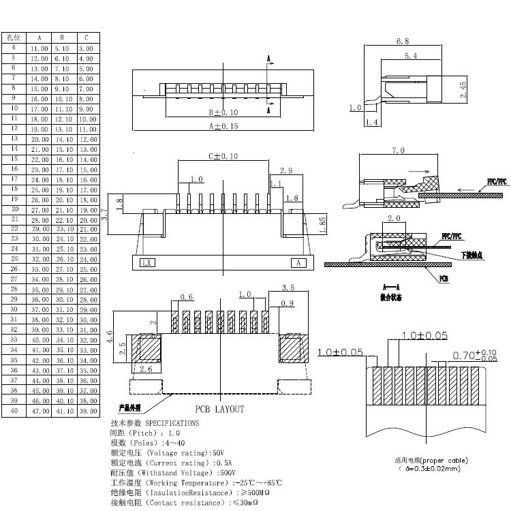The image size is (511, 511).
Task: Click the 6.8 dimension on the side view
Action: (402, 42)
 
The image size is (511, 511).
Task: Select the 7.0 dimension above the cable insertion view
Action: (399, 151)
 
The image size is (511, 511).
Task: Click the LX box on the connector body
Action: (146, 262)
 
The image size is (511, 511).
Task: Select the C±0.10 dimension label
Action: (223, 156)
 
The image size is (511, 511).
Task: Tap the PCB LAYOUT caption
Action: (219, 409)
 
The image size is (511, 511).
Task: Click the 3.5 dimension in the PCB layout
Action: (287, 288)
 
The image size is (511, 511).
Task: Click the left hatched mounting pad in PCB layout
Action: (149, 348)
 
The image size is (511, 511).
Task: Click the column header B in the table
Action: (62, 37)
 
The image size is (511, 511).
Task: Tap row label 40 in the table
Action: (14, 411)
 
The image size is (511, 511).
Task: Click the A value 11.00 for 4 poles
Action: (38, 48)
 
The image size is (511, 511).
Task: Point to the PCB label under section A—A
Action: (443, 279)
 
